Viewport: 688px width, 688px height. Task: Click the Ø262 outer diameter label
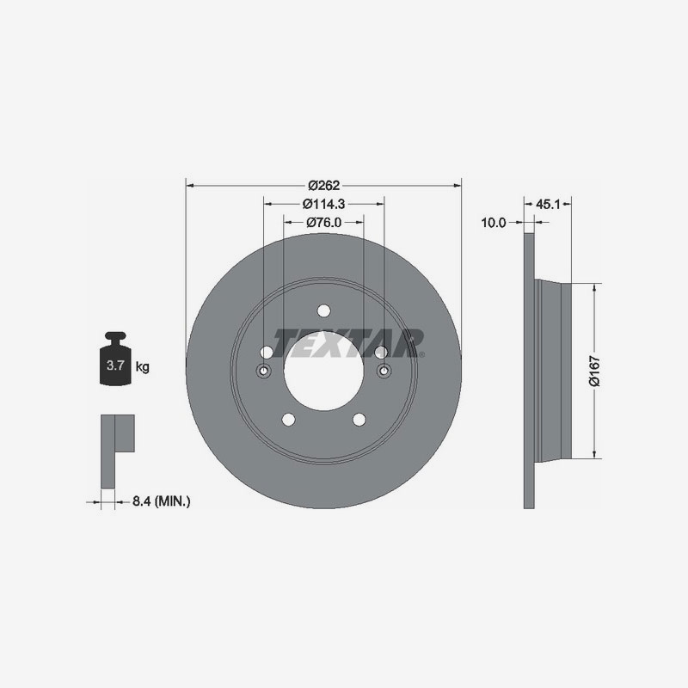coord(323,185)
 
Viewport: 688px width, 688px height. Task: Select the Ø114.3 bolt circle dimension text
coord(323,204)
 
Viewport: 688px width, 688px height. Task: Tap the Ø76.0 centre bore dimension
coord(323,222)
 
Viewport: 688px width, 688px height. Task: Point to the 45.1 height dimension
coord(548,204)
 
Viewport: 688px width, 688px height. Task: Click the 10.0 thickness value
coord(493,222)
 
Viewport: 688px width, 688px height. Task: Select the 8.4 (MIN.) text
coord(161,500)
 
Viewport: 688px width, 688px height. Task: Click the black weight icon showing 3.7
coord(116,360)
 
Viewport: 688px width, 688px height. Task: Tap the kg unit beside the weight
coord(142,367)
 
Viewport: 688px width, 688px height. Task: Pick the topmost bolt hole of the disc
coord(323,311)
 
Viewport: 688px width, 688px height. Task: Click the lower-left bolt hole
coord(288,419)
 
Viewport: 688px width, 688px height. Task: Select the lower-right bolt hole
coord(359,419)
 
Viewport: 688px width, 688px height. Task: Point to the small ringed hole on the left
coord(263,371)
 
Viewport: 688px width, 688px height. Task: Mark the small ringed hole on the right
coord(384,371)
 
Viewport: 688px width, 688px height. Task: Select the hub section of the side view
coord(552,370)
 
